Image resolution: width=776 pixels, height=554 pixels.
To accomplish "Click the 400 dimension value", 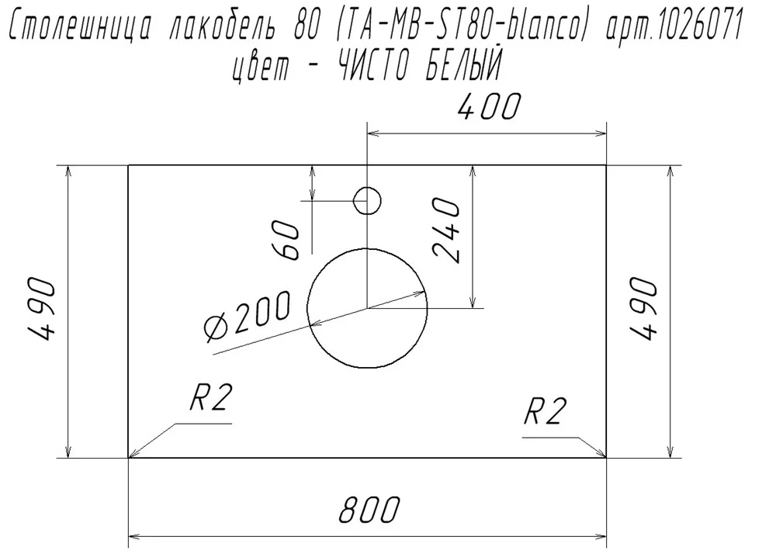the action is [x=489, y=107].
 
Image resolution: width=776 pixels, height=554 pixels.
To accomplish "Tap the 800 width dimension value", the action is [x=369, y=509].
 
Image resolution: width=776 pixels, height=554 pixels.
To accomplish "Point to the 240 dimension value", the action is [x=446, y=230].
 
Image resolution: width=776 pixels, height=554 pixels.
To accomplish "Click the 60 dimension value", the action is [x=286, y=240].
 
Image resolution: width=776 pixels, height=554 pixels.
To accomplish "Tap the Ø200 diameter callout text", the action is [x=247, y=316].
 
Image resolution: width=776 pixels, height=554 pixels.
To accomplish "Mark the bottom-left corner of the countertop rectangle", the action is [x=129, y=458].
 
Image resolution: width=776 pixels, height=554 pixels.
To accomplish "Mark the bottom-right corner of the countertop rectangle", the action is [x=606, y=458].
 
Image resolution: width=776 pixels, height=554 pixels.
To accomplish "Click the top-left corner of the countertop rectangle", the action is [x=129, y=165].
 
